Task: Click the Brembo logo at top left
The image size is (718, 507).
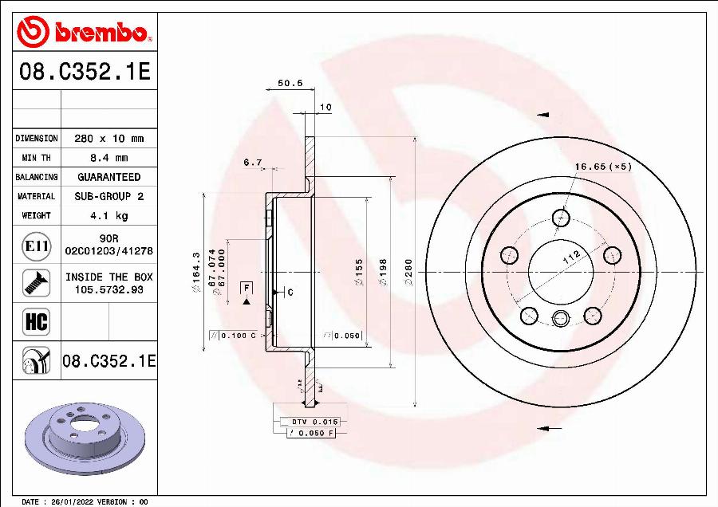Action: click(84, 32)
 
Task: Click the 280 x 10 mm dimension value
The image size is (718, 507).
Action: click(108, 139)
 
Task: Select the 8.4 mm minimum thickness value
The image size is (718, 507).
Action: click(108, 158)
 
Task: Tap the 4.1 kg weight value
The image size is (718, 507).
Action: click(108, 215)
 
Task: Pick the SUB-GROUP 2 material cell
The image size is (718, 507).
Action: click(108, 196)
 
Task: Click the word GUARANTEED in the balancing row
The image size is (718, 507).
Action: click(108, 177)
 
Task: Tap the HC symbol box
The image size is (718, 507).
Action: click(37, 321)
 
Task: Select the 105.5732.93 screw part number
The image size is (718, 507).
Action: click(108, 290)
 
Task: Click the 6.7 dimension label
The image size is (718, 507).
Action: click(253, 163)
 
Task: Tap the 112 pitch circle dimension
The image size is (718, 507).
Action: click(570, 257)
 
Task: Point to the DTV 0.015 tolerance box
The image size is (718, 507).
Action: click(310, 421)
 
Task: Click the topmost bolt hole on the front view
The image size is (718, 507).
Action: click(562, 217)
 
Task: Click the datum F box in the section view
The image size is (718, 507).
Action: click(247, 287)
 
